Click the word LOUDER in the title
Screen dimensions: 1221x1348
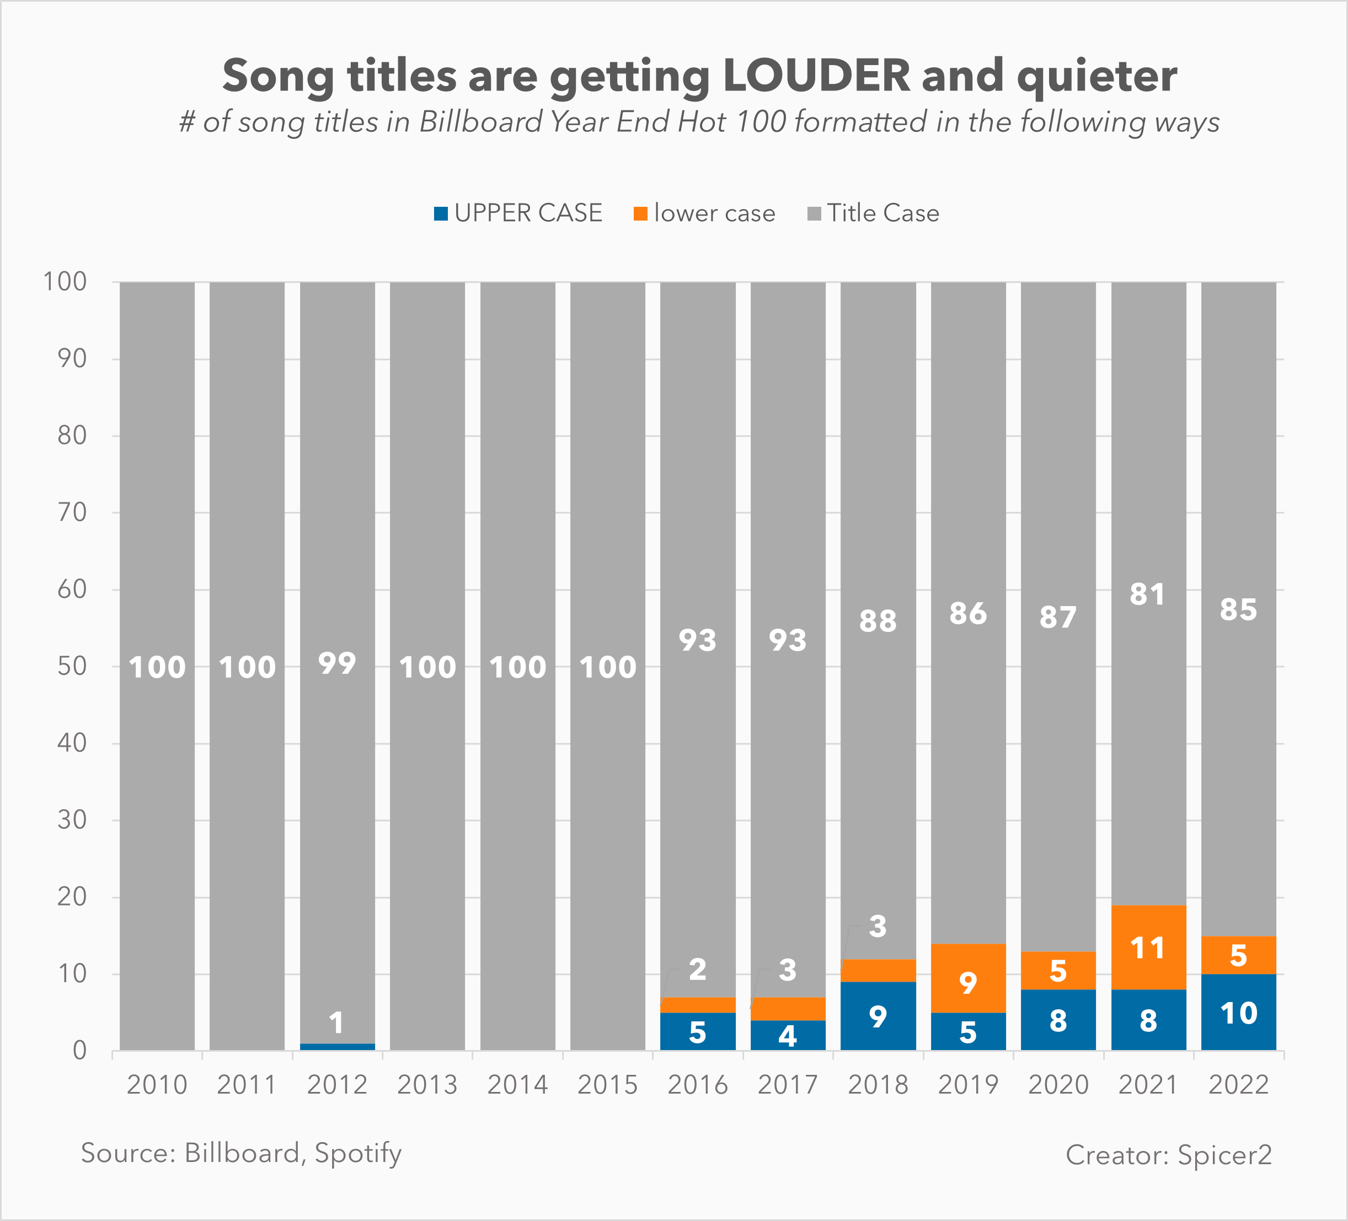pos(816,76)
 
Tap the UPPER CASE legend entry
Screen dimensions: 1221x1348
pos(519,213)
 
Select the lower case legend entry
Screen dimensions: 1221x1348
pos(705,213)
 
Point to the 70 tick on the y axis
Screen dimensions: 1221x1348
pos(72,513)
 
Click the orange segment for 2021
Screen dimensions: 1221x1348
pos(1148,947)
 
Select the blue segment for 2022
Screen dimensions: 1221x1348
pos(1238,1013)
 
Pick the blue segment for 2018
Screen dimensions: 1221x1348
pos(878,1016)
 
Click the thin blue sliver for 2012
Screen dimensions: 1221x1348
pos(337,1047)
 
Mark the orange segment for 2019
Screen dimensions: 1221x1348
pos(968,979)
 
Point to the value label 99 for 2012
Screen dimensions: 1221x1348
pos(337,663)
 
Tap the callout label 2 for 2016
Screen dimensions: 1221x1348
pos(697,970)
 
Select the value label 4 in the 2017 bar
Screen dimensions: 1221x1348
pos(788,1036)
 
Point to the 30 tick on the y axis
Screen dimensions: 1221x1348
pos(72,820)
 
